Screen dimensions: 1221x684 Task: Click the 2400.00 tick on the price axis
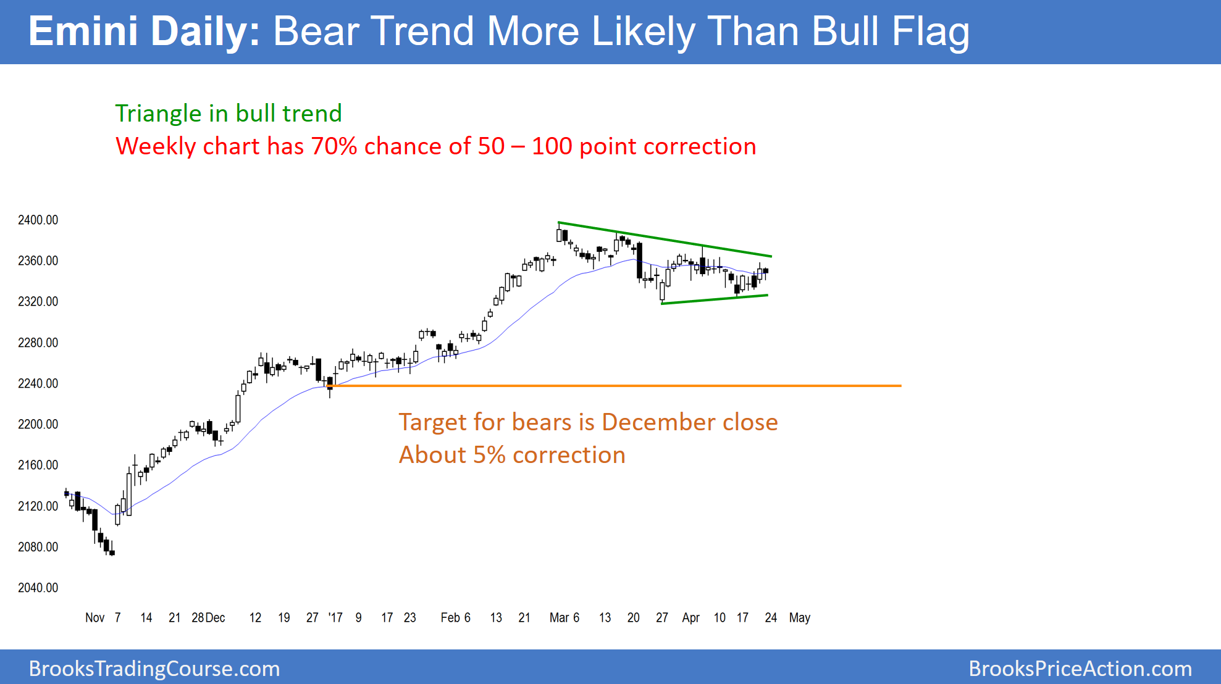[38, 220]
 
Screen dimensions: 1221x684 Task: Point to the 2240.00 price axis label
[38, 384]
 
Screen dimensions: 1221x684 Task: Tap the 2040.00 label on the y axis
[38, 588]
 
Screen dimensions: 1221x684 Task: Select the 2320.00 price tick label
[38, 302]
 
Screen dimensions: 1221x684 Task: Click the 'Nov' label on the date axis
[94, 618]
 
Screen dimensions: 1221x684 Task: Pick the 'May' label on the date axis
[800, 618]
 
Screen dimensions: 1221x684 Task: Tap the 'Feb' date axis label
[450, 618]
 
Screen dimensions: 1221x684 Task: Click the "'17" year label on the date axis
[335, 618]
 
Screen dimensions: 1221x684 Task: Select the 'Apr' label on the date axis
[691, 618]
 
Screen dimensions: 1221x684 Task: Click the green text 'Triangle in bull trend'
[229, 114]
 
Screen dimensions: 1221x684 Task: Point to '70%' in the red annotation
[334, 146]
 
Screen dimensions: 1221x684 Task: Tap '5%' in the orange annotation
[489, 455]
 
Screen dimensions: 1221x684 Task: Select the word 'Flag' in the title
[931, 31]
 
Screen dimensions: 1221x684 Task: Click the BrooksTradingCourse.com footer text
[154, 669]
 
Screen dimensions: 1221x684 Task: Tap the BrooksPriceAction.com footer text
[1080, 669]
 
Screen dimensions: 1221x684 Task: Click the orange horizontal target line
[614, 386]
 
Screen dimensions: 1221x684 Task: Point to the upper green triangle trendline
[665, 239]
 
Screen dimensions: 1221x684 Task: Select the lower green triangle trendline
[715, 299]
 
